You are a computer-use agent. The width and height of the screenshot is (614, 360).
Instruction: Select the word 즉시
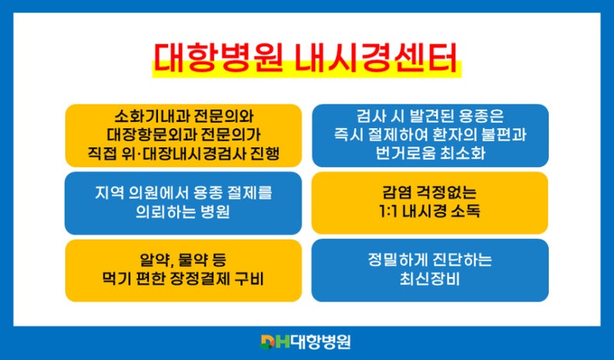pyautogui.click(x=348, y=135)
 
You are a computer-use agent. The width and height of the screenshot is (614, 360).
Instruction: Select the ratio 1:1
pyautogui.click(x=388, y=212)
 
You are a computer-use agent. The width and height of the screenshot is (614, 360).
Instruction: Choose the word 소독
pyautogui.click(x=466, y=212)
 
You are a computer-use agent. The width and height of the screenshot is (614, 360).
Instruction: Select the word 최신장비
pyautogui.click(x=430, y=279)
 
